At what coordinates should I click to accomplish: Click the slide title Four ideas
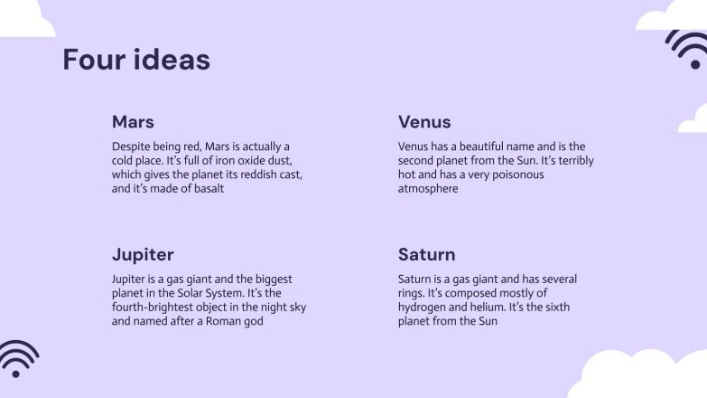[x=136, y=60]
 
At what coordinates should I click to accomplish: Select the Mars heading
[x=133, y=122]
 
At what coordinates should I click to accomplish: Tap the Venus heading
[x=424, y=122]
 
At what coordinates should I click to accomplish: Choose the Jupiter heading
[x=143, y=254]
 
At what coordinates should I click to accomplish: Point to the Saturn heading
[x=426, y=254]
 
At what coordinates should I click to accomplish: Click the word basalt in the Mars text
[x=206, y=189]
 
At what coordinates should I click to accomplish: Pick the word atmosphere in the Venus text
[x=428, y=189]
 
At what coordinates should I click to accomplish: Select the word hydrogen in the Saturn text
[x=422, y=308]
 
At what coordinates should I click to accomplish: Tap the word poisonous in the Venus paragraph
[x=517, y=175]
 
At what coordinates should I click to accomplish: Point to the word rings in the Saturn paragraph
[x=413, y=293]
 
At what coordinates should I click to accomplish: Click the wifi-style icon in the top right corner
[x=690, y=47]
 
